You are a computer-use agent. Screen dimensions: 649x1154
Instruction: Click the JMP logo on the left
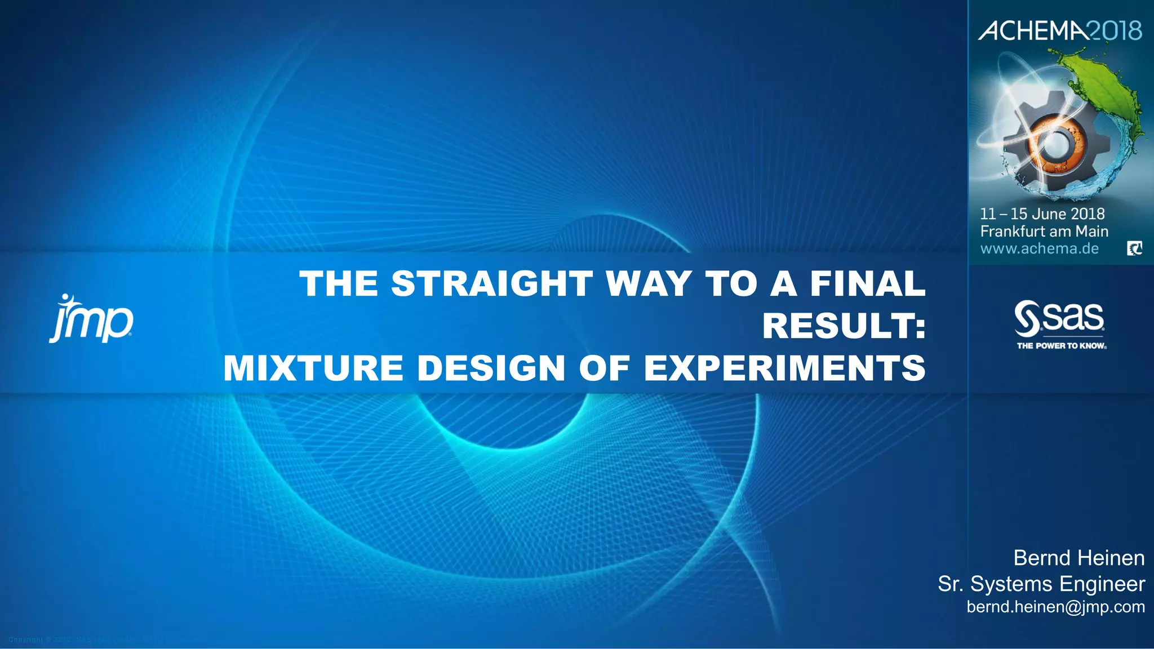click(x=91, y=319)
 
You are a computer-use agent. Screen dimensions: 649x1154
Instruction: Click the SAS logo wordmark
click(x=1059, y=318)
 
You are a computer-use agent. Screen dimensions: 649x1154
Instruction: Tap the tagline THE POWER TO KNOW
click(x=1062, y=346)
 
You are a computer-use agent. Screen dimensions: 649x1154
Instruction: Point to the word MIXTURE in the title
click(x=313, y=368)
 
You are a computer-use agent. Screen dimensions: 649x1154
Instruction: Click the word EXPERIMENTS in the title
click(x=784, y=368)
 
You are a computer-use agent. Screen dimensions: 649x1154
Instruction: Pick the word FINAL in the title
click(x=867, y=283)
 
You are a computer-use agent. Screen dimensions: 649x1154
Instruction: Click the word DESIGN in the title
click(x=491, y=368)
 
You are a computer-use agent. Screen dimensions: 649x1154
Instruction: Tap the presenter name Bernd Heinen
click(x=1078, y=558)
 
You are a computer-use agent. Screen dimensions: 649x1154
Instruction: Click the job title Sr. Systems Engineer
click(x=1041, y=584)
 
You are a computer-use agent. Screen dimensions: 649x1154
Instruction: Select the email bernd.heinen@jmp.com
click(x=1055, y=607)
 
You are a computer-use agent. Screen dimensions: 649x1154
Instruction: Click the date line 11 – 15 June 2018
click(x=1042, y=214)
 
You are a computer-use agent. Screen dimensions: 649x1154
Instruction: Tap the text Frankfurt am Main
click(x=1044, y=232)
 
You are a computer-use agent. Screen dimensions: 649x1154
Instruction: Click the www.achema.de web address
click(x=1039, y=248)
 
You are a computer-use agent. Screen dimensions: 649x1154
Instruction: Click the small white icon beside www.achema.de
click(x=1134, y=248)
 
